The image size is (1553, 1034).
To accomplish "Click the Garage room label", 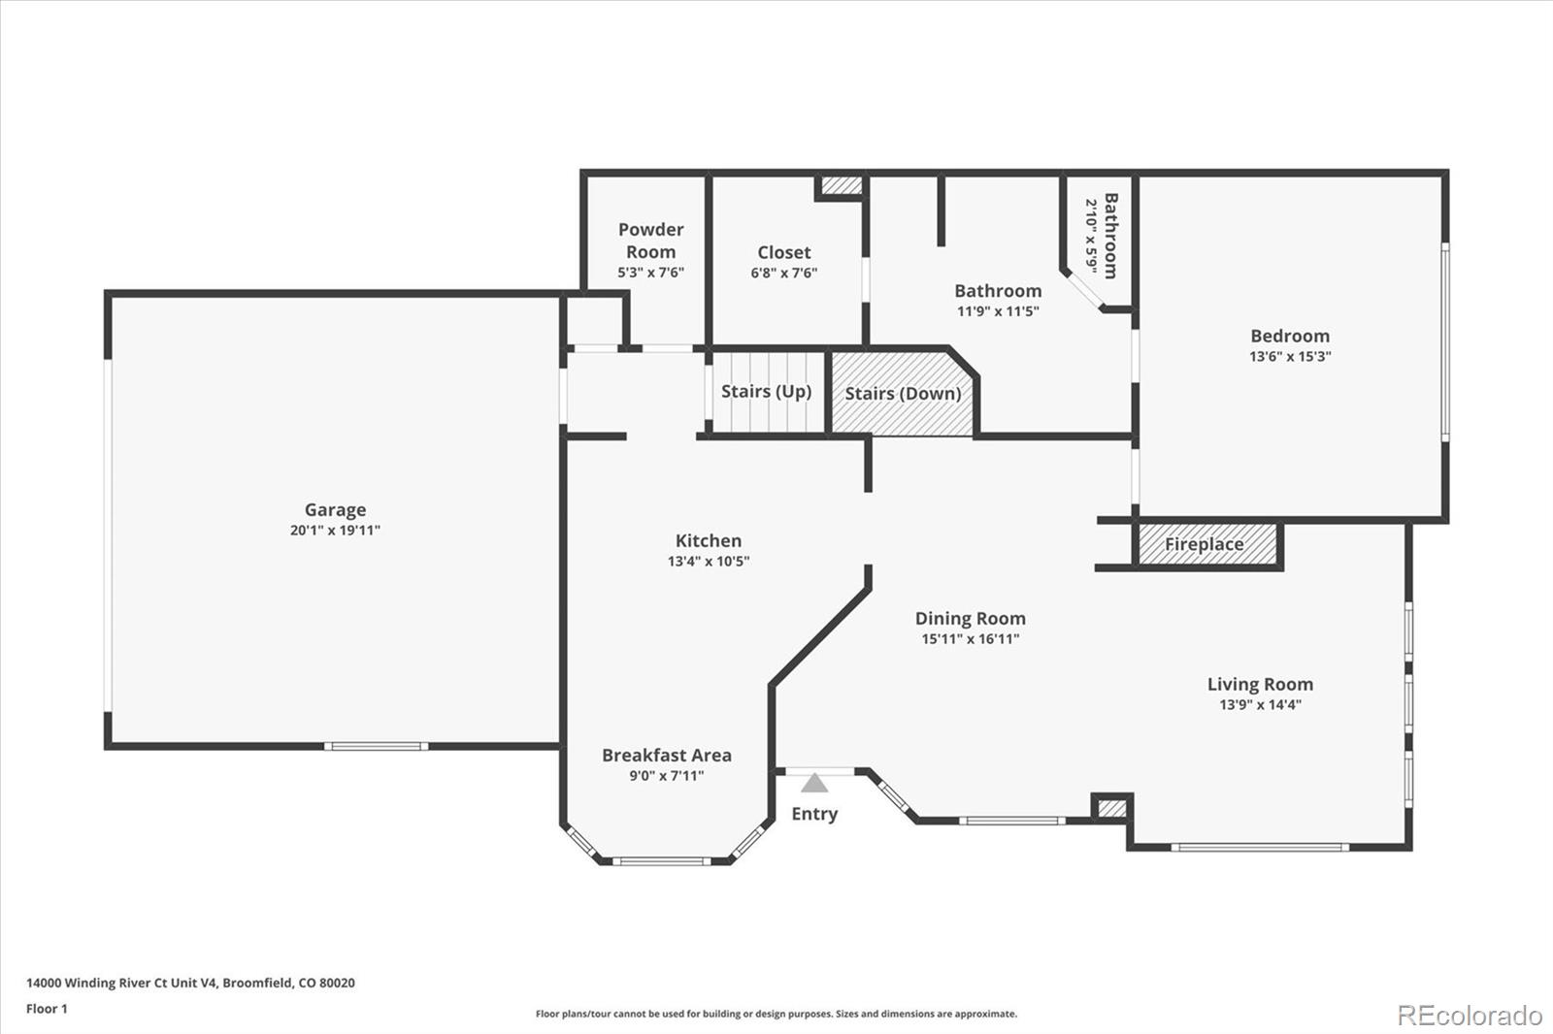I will (x=335, y=509).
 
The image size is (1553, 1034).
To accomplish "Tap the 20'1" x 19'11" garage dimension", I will (x=335, y=531).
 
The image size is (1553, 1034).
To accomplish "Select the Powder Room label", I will (x=650, y=240).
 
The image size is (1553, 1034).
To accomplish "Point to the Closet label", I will (x=784, y=252).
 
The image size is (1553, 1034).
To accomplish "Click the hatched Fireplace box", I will (x=1206, y=544).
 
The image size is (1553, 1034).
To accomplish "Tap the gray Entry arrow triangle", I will (x=814, y=783).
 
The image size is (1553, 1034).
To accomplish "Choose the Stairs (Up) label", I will (x=766, y=391).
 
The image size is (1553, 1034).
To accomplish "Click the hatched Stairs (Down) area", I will (x=903, y=393).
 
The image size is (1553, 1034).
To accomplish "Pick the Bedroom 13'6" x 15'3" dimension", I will (x=1290, y=356).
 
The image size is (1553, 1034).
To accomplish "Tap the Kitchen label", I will (x=709, y=540).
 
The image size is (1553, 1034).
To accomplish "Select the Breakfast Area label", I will (x=667, y=755).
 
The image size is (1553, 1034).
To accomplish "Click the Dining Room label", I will (x=970, y=618).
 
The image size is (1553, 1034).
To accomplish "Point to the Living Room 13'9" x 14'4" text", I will (x=1260, y=705).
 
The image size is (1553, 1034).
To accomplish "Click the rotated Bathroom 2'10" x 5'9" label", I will (x=1101, y=236).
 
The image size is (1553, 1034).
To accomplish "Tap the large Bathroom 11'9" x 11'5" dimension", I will (x=998, y=311).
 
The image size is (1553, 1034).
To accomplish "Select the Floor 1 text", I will (x=47, y=1009).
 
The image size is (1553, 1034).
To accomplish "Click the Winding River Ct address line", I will (x=190, y=983).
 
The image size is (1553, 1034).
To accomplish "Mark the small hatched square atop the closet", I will (x=841, y=184).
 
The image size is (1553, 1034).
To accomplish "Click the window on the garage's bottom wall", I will (x=376, y=746).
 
